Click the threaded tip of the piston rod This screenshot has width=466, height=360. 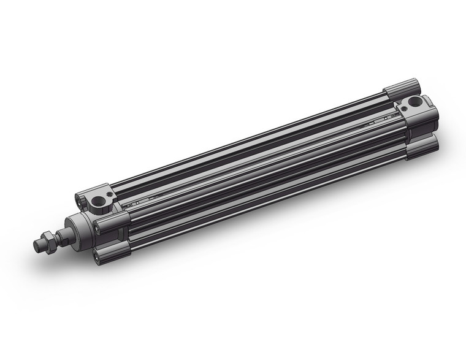[x=38, y=246]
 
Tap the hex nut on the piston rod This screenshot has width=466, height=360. [x=47, y=240]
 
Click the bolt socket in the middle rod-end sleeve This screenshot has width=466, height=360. [x=98, y=223]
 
